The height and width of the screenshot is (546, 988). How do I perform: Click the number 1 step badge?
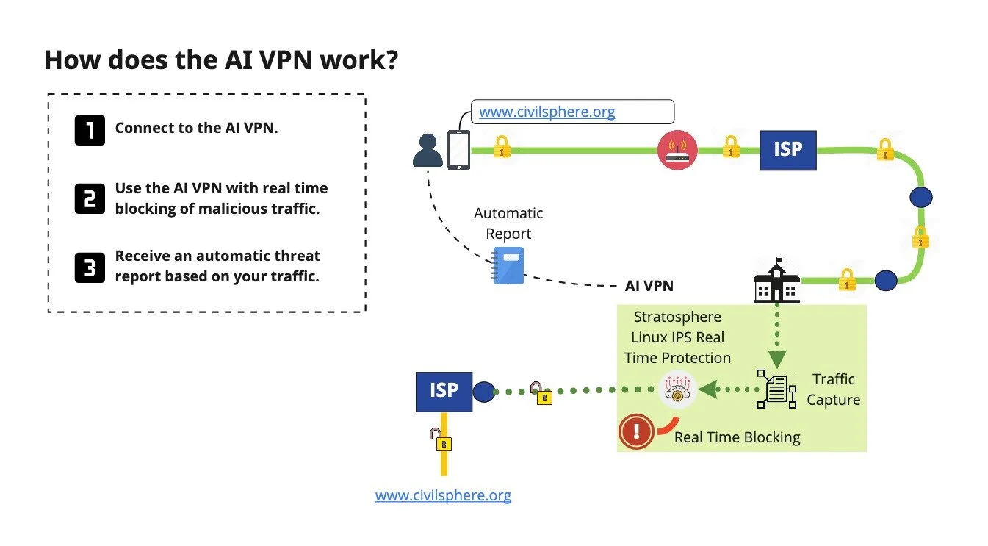90,129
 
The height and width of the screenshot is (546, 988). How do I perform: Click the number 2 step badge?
90,198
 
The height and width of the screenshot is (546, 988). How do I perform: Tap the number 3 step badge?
90,267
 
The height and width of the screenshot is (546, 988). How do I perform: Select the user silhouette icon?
428,150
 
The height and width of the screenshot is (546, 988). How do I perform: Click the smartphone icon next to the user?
458,150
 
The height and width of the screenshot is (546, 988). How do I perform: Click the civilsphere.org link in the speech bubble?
547,112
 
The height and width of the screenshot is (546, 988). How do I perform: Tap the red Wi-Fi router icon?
677,151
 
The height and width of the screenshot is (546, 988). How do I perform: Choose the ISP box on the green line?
787,150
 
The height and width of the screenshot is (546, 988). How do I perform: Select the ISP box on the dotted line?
444,390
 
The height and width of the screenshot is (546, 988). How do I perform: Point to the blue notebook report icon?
508,265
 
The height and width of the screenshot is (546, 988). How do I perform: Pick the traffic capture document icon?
776,389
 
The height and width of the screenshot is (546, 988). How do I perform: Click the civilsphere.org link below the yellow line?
443,495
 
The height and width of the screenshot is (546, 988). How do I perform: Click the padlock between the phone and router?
502,147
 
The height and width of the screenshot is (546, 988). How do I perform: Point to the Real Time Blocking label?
737,437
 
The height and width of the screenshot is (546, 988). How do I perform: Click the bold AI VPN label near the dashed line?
649,286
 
